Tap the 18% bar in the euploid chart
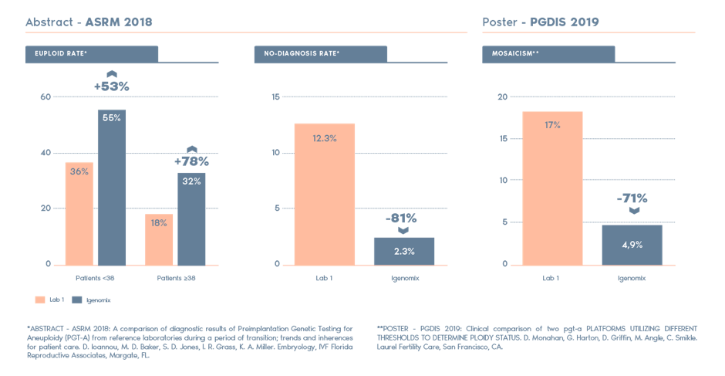coord(159,239)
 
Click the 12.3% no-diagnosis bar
coord(324,194)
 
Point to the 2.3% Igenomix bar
coord(404,251)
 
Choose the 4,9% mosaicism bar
coord(632,244)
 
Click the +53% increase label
coord(112,86)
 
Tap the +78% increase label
coord(191,162)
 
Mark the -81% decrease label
coord(402,218)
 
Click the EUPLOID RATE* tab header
coord(91,53)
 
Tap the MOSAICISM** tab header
coord(548,53)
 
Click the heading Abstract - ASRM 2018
coord(89,22)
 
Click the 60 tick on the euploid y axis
coord(46,97)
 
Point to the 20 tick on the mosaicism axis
coord(502,97)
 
